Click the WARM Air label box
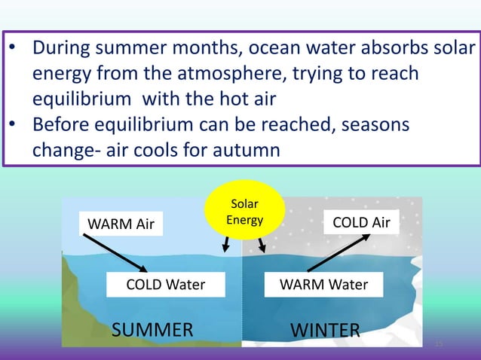(121, 224)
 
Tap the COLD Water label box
(165, 284)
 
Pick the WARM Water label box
(323, 284)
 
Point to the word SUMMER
(152, 330)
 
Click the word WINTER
(325, 330)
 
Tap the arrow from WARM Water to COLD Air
(339, 252)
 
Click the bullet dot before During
(13, 50)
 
